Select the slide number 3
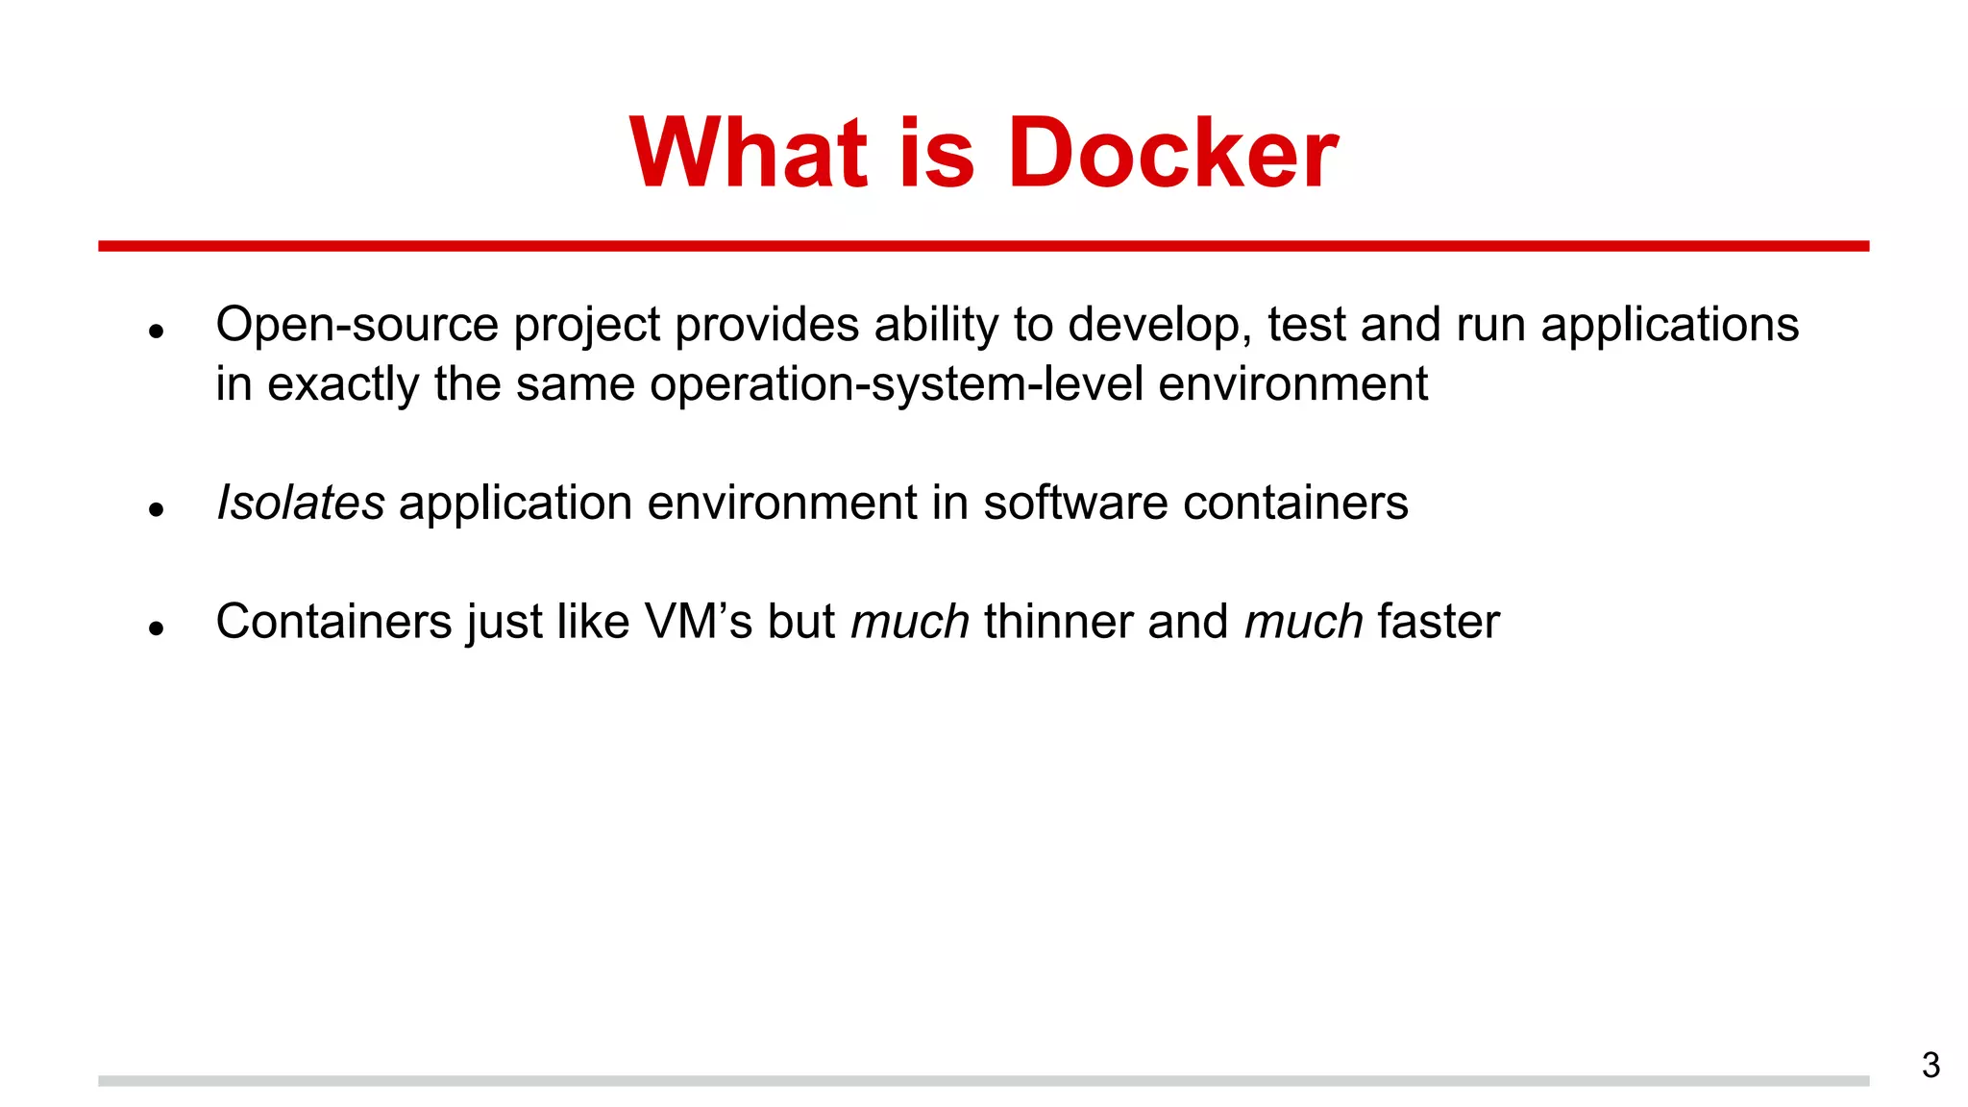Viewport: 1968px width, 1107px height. coord(1931,1066)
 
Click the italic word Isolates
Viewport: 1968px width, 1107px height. coord(301,503)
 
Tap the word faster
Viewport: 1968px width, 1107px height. coord(1438,621)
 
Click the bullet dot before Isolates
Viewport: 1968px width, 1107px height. coord(157,509)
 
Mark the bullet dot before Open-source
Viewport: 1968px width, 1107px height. coord(157,332)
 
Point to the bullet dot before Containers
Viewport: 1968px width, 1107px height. coord(157,628)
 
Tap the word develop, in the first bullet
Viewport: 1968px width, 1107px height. coord(1160,325)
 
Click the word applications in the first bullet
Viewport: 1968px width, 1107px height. coord(1670,325)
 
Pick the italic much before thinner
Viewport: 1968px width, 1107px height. coord(910,621)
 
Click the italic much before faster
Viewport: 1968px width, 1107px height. coord(1304,621)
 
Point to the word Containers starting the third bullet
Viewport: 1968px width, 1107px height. coord(334,621)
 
